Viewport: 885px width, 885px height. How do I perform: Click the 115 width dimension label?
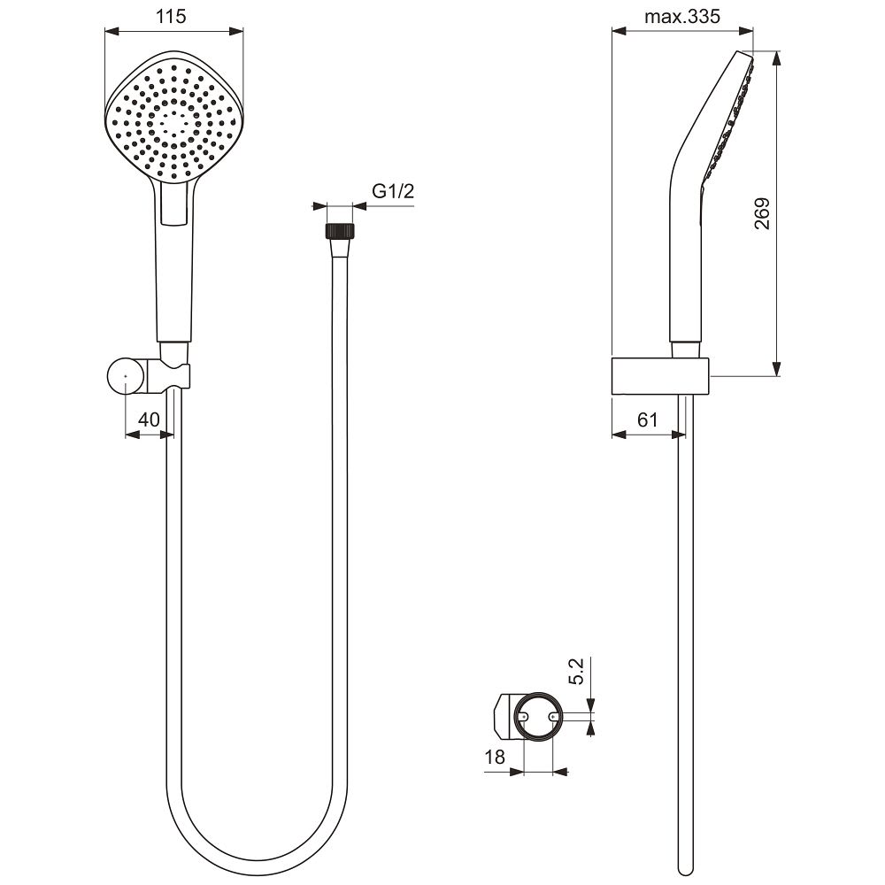tap(171, 16)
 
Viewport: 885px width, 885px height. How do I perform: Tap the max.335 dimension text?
tap(682, 16)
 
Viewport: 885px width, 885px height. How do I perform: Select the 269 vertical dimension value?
tap(762, 213)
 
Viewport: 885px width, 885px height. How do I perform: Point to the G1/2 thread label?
tap(393, 191)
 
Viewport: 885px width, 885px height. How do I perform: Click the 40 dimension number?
tap(149, 419)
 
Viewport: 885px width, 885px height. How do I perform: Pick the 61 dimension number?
tap(648, 419)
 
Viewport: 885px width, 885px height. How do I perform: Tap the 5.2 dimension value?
tap(576, 671)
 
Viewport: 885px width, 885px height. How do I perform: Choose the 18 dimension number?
tap(495, 757)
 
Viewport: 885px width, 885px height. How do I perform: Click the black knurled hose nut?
tap(341, 231)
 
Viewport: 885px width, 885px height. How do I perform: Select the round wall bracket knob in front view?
tap(126, 375)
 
